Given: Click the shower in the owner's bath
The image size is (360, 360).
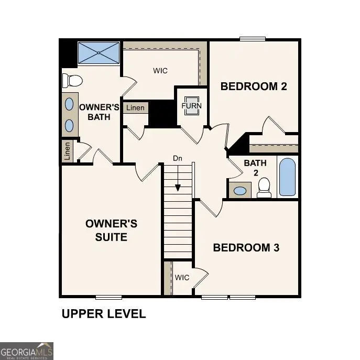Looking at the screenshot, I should coord(99,53).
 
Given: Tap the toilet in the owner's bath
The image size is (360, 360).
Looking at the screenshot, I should coord(73,81).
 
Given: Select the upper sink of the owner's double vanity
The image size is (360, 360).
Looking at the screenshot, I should coord(69,104).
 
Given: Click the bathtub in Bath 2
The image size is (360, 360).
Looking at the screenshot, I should coord(287,177).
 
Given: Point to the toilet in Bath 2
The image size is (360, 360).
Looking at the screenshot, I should coord(264,187).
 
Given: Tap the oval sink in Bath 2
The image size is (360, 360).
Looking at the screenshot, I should coord(240,190).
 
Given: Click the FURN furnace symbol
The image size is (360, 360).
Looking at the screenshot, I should coord(191,105).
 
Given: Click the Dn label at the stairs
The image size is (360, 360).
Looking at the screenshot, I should coord(178,158).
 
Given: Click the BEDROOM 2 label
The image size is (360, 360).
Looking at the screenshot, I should coord(254,86).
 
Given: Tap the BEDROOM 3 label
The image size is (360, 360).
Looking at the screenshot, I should coord(246,247).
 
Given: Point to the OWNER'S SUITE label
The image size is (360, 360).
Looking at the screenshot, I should coord(111,230).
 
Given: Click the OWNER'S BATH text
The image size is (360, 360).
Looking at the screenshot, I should coord(99,112).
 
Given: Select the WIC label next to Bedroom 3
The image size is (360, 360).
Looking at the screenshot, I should coord(182,277).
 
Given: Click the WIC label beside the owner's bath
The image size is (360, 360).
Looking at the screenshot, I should coord(160,71).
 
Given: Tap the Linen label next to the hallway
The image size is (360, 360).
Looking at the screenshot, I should coord(135,108).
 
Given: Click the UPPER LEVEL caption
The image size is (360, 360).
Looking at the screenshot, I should coord(104,314).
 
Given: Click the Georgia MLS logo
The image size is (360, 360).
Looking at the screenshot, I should coord(26,351).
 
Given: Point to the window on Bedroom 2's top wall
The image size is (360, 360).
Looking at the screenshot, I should coord(253,39).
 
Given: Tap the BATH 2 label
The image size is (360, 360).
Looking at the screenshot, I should coord(255,168).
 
